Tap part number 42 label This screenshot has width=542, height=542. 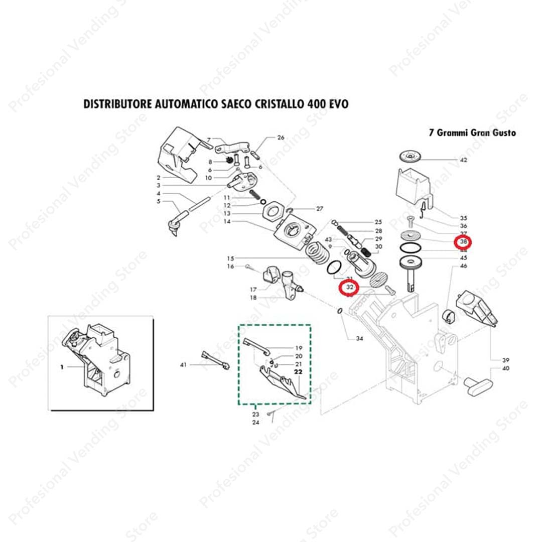point(463,160)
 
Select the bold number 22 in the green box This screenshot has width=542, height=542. point(298,372)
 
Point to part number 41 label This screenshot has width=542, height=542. point(183,364)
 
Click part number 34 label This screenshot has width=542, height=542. point(359,339)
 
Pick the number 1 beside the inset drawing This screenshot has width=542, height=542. point(62,367)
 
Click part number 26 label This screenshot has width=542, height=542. point(281,138)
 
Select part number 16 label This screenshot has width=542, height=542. point(230,266)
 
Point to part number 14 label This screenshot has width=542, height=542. point(227,221)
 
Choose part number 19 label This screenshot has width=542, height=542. point(299,348)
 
